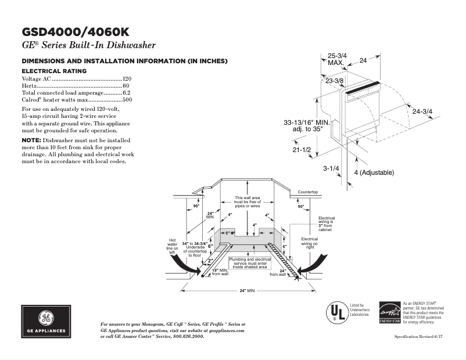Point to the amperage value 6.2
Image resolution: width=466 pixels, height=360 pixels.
(127, 93)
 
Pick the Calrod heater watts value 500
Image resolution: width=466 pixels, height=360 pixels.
(127, 100)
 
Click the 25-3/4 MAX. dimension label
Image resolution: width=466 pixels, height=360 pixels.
(336, 59)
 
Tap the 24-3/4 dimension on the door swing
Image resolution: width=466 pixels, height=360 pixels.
(422, 111)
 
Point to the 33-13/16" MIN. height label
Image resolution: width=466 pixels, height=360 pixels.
(307, 123)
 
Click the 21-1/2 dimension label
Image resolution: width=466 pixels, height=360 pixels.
(302, 150)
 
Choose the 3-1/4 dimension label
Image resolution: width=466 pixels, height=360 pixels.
(331, 168)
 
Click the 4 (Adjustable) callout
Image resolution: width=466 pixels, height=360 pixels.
(374, 172)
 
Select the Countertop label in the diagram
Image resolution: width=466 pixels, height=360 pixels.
(307, 192)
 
